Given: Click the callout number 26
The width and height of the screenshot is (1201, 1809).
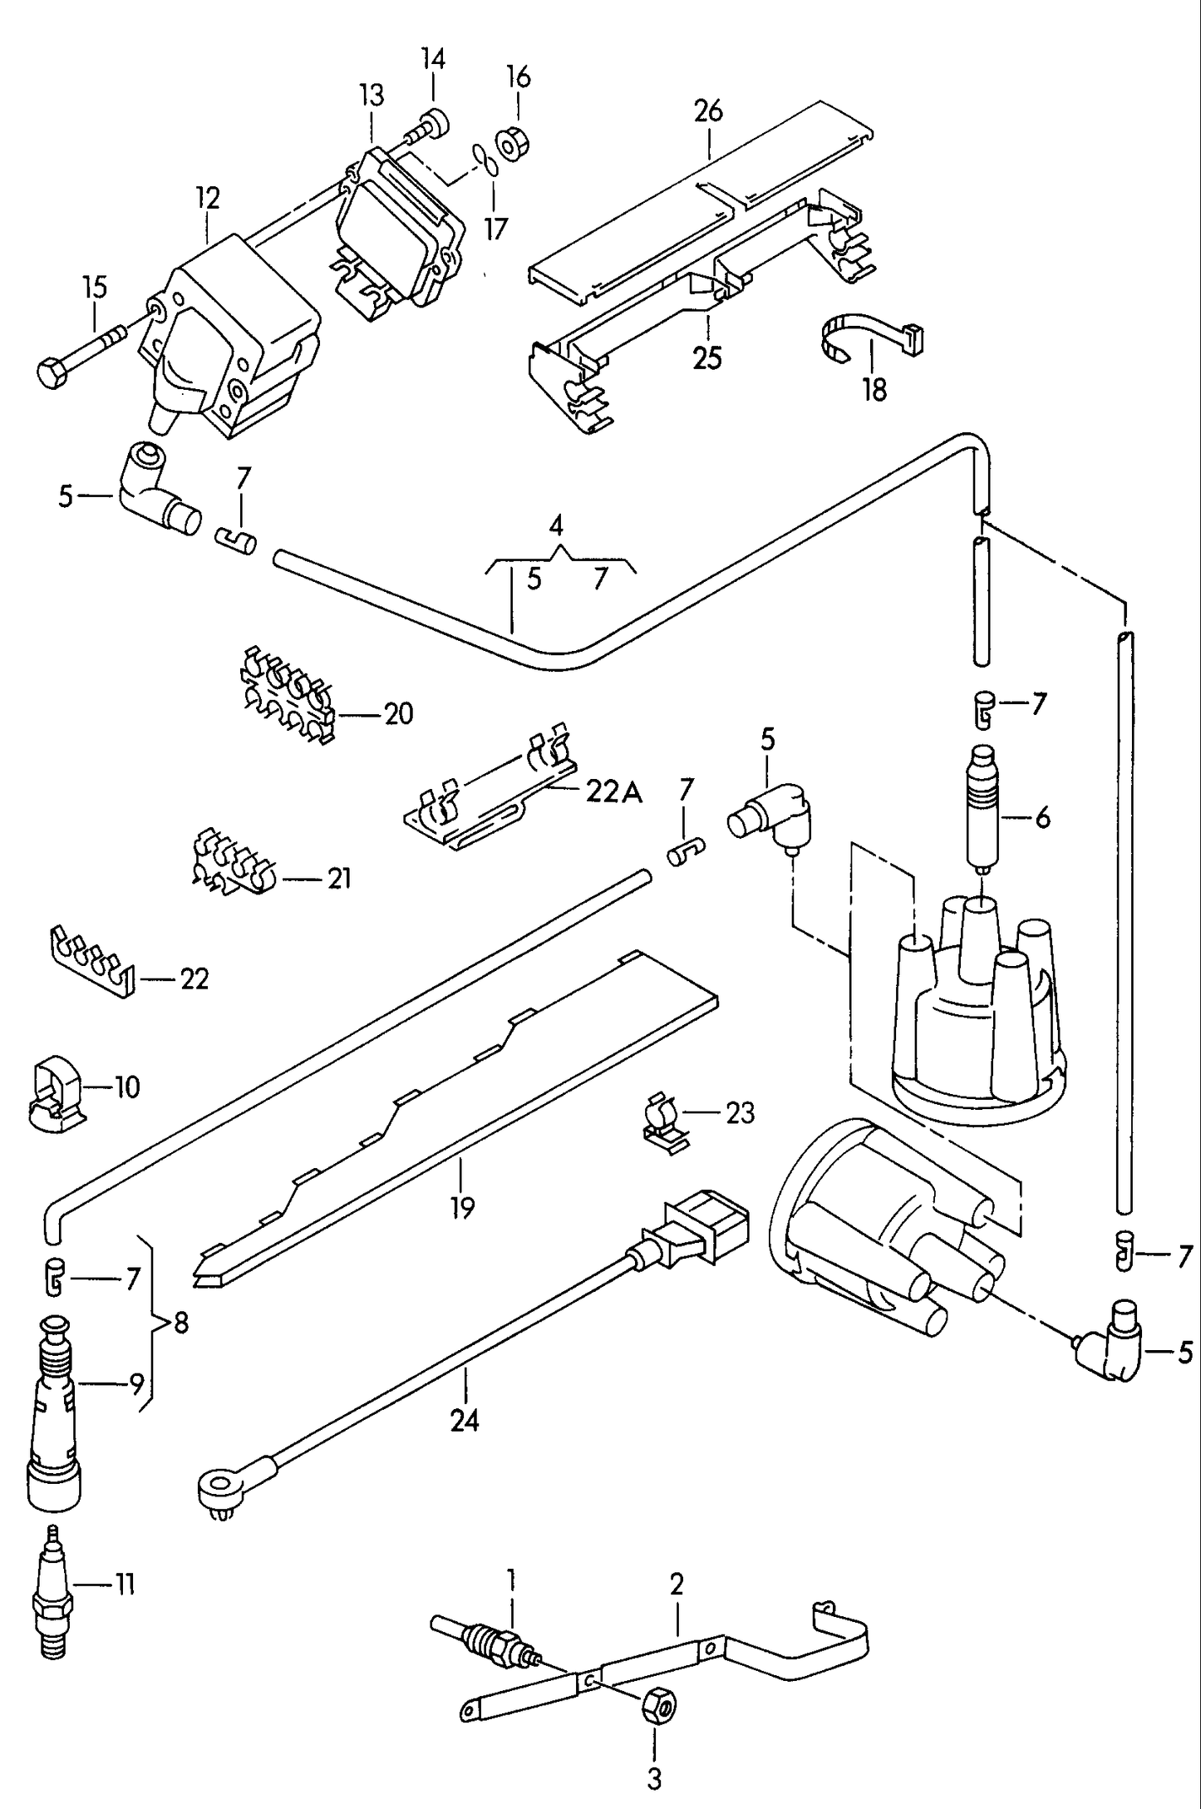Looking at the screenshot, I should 708,111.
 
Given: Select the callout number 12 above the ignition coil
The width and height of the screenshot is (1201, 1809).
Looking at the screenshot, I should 208,198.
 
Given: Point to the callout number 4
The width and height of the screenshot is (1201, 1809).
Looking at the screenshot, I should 556,525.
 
